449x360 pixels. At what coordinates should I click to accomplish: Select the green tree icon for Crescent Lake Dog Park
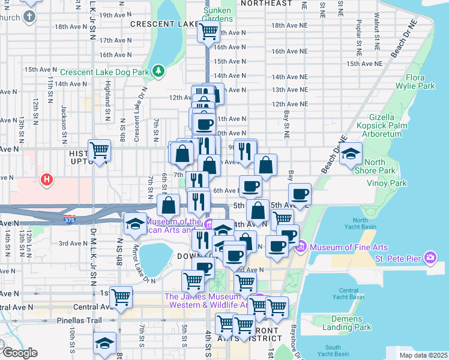click(x=158, y=71)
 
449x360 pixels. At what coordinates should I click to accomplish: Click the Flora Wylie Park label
click(x=423, y=82)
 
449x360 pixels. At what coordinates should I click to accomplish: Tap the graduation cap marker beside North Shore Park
click(x=351, y=154)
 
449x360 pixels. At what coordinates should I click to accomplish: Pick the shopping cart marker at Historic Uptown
click(x=99, y=151)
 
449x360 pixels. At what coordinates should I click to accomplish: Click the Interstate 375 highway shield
click(x=70, y=219)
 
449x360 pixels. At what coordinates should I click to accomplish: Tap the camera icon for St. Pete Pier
click(x=430, y=258)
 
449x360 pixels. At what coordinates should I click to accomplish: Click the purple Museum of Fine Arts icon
click(x=301, y=247)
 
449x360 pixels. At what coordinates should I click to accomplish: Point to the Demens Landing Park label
click(x=345, y=322)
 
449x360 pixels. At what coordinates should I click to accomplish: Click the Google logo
click(x=19, y=353)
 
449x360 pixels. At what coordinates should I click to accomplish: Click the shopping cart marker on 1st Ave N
click(x=121, y=296)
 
